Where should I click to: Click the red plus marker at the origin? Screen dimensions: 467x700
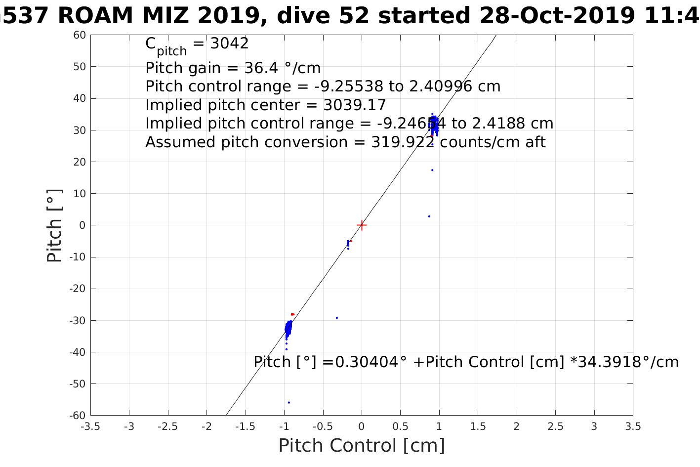pos(362,225)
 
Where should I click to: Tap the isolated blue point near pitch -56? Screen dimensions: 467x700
pos(289,402)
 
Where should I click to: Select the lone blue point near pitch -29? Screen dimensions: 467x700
pos(337,318)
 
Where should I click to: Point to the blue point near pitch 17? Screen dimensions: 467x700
pos(432,170)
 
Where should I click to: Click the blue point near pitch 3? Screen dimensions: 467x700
pos(429,216)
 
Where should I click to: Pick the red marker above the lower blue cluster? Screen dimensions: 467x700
pos(292,314)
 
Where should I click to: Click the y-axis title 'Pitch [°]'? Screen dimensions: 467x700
pos(54,225)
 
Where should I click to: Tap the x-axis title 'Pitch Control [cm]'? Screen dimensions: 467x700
pos(362,445)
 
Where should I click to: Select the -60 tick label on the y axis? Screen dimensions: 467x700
pos(78,415)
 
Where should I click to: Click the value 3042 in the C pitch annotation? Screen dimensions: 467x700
pos(230,43)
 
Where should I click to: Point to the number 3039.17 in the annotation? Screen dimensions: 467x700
pos(355,105)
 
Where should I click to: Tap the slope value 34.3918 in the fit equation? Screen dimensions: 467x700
pos(610,362)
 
